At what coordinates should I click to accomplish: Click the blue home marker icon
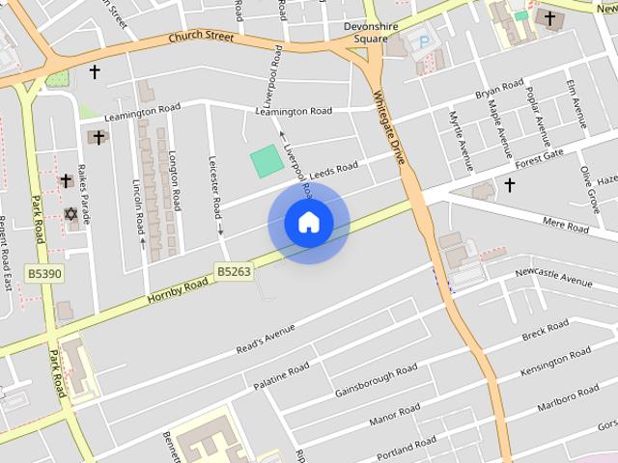308,223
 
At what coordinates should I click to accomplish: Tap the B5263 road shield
234,272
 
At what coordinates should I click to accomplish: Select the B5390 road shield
44,274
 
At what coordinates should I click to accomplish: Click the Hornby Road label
178,288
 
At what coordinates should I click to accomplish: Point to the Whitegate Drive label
388,124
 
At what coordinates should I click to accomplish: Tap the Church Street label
201,38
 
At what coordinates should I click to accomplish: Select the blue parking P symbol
421,41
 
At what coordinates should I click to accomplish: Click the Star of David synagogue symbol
70,213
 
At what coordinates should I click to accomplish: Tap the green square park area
267,160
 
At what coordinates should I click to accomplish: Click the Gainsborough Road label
376,381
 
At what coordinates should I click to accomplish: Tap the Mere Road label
566,227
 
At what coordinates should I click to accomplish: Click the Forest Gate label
539,158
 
